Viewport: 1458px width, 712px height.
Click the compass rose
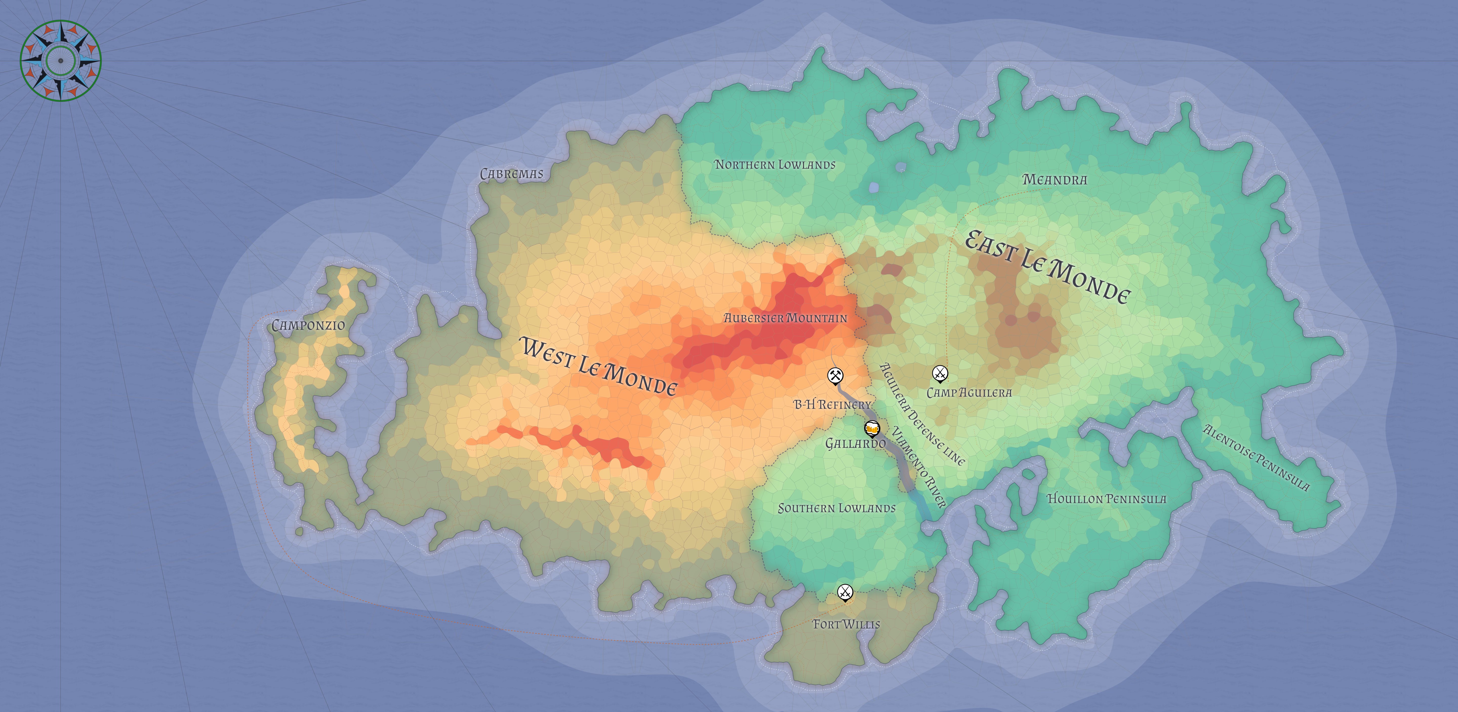(60, 61)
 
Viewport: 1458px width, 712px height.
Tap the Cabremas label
(512, 174)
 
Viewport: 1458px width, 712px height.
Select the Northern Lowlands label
(775, 165)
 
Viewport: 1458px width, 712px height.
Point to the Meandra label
(1055, 180)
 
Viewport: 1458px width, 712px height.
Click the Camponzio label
(308, 325)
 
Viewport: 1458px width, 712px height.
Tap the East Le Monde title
(1047, 266)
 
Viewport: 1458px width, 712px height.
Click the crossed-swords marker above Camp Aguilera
(940, 373)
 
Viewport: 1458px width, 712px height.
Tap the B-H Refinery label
(832, 405)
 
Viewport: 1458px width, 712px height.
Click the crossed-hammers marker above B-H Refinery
(835, 375)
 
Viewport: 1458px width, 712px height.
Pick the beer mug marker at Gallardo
(872, 428)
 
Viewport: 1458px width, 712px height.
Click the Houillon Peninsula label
(1106, 499)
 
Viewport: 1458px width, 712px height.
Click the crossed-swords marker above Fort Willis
(845, 592)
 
